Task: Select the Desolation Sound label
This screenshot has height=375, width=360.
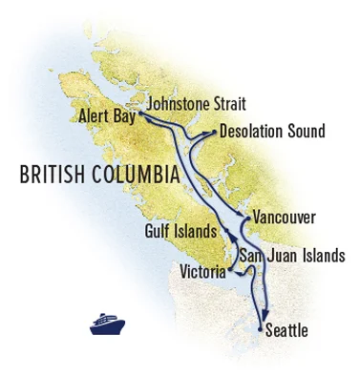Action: (271, 132)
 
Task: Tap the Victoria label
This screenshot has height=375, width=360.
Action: (203, 273)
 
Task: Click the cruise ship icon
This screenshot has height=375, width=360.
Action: (107, 323)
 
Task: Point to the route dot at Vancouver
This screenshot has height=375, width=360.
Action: (246, 221)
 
